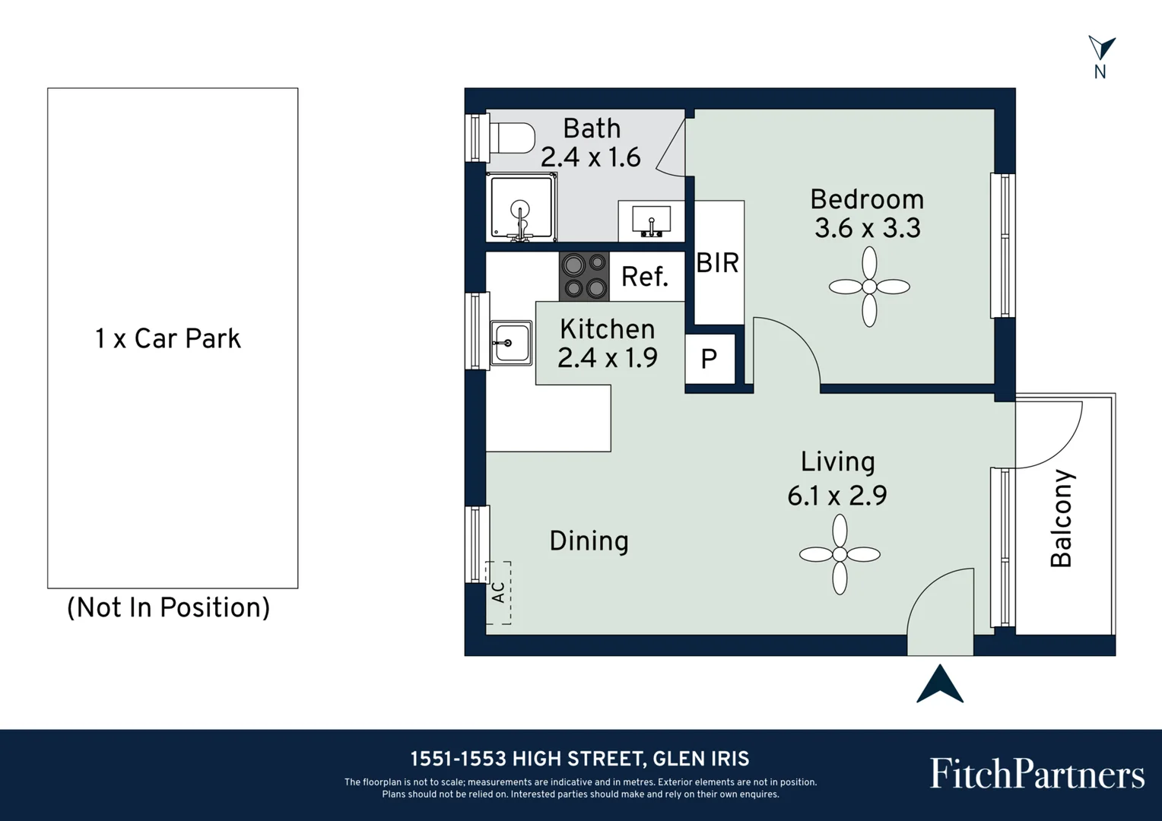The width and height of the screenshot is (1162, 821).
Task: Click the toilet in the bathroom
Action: (512, 138)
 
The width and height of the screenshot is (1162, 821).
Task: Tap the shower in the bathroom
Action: (522, 208)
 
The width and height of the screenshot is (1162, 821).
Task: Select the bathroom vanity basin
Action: (652, 220)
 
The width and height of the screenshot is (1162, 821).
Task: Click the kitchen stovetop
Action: (584, 277)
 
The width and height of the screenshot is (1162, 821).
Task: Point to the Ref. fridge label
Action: (645, 277)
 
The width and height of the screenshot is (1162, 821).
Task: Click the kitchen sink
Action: (511, 343)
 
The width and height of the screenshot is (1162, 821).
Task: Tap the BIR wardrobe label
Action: (717, 263)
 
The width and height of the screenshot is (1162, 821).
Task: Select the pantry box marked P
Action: (710, 358)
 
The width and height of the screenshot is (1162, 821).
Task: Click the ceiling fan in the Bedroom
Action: (869, 287)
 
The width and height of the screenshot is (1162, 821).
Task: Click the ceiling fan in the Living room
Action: (840, 554)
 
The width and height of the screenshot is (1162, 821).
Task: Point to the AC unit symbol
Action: (499, 593)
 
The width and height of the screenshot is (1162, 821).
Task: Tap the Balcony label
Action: (1061, 518)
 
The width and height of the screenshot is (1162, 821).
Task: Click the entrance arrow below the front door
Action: (940, 684)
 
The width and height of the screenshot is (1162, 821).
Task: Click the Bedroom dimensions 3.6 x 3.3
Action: (868, 228)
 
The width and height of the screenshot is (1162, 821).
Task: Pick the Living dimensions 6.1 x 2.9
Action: (837, 496)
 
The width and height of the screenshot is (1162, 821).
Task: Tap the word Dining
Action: (589, 541)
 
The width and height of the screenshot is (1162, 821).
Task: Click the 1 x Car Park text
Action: (168, 339)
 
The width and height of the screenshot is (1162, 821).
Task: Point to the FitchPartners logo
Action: (1037, 773)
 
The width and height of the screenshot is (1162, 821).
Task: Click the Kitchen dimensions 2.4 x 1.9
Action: (608, 357)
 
